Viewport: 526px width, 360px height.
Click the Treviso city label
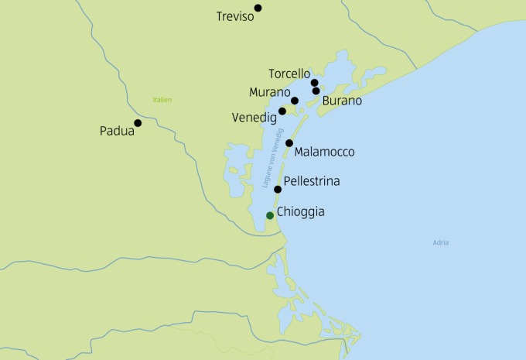click(236, 16)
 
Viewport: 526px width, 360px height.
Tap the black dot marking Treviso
click(258, 8)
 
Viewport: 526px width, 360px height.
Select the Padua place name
click(117, 132)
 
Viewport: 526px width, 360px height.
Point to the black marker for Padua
click(138, 122)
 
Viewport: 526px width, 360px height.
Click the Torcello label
click(289, 74)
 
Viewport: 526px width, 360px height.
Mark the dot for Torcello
click(314, 83)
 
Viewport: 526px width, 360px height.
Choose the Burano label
click(342, 101)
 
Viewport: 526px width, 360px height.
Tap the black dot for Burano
click(316, 91)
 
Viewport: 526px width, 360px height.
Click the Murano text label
click(269, 93)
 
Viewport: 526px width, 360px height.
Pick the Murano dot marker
click(295, 101)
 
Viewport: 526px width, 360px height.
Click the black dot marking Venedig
click(282, 111)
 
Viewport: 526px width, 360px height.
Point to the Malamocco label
click(324, 153)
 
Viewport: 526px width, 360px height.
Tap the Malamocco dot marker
click(289, 143)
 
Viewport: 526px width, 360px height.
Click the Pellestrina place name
click(312, 182)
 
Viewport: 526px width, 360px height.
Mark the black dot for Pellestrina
click(278, 189)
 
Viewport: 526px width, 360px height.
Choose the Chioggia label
click(300, 211)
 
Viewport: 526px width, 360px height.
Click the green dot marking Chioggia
click(269, 215)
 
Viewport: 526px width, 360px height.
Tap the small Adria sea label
click(441, 243)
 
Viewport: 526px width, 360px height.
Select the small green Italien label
click(162, 100)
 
